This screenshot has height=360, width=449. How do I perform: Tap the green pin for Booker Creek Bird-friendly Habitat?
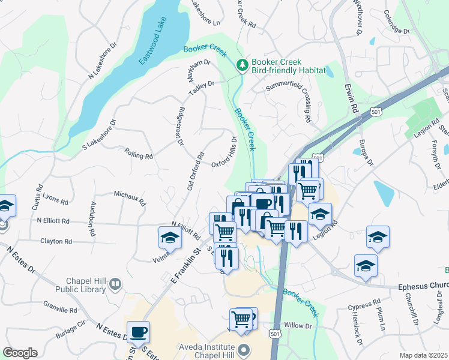[242, 65]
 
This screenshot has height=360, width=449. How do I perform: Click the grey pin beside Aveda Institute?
[243, 349]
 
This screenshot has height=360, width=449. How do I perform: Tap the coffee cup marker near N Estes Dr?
[138, 332]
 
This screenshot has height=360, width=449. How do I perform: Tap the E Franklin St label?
[185, 269]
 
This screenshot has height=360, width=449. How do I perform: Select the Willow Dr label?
[298, 326]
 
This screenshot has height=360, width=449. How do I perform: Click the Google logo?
[20, 353]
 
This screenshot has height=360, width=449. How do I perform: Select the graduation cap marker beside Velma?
[170, 238]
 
